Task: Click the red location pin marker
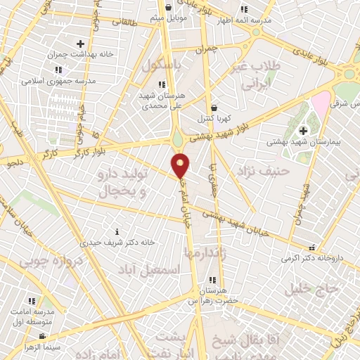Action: tap(181, 165)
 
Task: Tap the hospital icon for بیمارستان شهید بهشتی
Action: tap(303, 130)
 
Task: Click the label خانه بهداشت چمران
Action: tap(70, 54)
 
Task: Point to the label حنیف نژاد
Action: tap(264, 170)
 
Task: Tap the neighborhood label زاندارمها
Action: tap(204, 251)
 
